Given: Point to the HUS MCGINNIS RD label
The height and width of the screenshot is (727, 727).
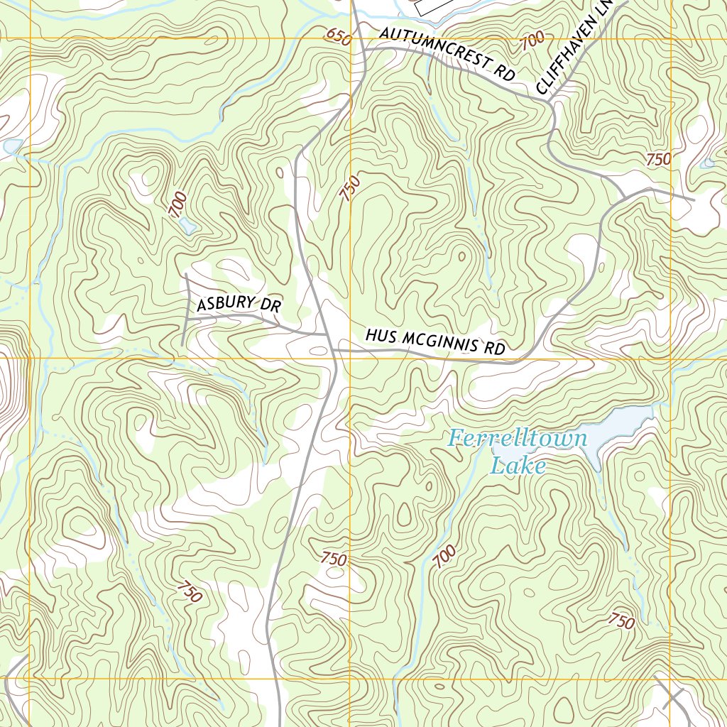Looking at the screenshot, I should (x=435, y=341).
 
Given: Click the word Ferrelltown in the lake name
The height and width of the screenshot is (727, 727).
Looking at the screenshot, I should (x=518, y=439).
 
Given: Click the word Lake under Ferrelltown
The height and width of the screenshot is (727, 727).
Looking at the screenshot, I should (x=518, y=466).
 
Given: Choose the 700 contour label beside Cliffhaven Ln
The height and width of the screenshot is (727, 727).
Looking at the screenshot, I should (x=532, y=40).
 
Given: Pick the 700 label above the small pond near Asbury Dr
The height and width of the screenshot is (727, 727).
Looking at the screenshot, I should (x=178, y=204).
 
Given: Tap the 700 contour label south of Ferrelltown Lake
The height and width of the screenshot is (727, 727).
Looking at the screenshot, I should (x=444, y=557).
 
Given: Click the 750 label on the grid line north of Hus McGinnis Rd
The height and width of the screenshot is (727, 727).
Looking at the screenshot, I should (x=350, y=188).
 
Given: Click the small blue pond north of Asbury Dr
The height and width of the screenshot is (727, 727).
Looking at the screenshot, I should (x=187, y=226).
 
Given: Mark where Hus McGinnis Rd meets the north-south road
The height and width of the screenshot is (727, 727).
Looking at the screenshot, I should (x=333, y=350).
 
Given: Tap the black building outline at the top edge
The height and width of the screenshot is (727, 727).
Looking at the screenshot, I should (x=433, y=6).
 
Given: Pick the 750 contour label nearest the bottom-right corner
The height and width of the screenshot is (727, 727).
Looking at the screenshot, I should (x=621, y=621).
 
